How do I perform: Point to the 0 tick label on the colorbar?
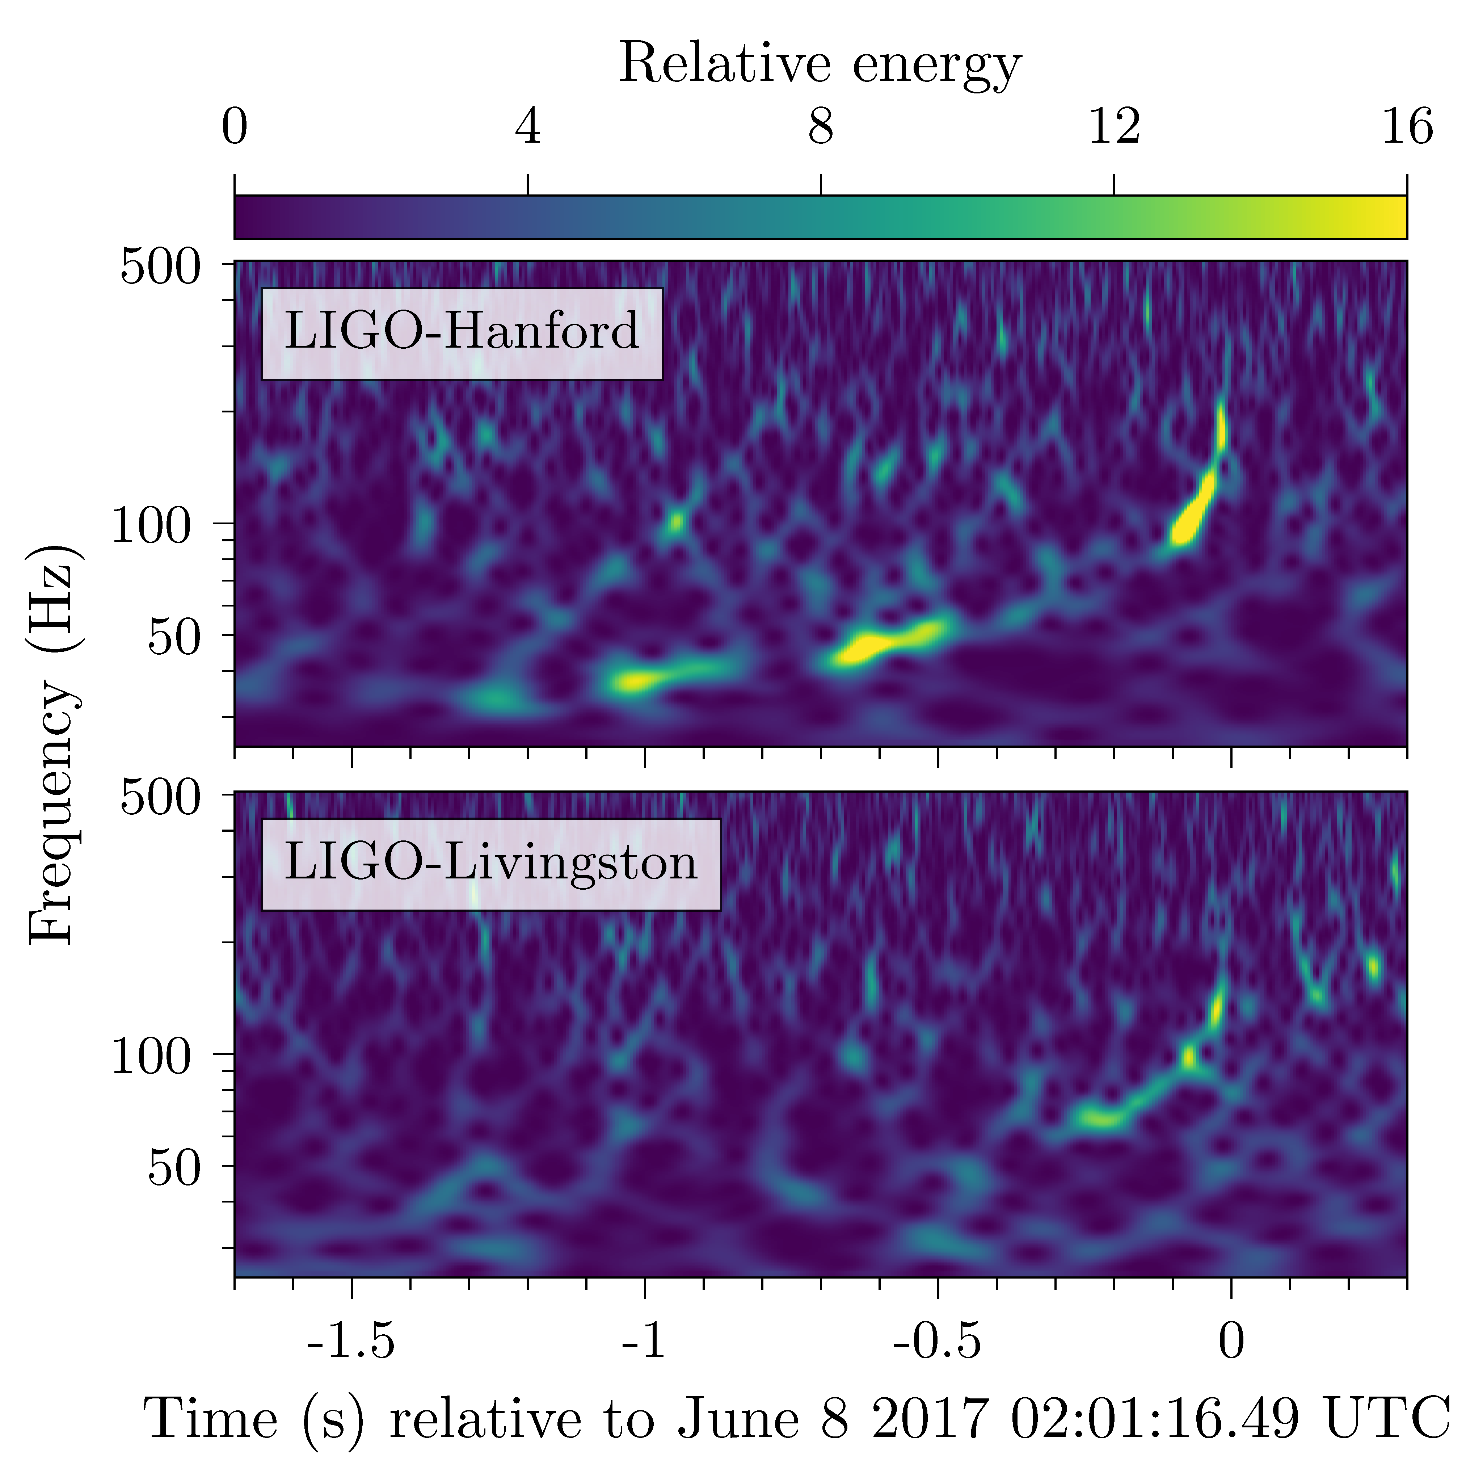(235, 127)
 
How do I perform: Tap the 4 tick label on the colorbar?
(527, 127)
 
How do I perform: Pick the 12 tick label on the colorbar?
(1114, 127)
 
